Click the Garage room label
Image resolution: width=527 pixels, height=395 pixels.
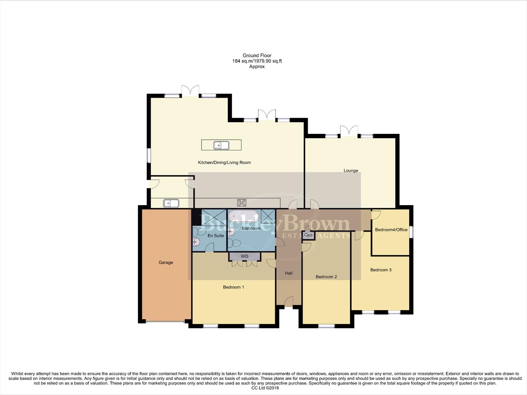pos(166,262)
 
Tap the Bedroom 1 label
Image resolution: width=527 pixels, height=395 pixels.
pos(233,287)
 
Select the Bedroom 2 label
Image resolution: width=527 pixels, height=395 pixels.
pos(326,277)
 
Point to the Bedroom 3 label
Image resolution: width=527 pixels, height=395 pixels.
pos(381,270)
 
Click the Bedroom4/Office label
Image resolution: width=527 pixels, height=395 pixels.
pos(391,230)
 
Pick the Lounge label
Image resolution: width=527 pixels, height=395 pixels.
pos(351,170)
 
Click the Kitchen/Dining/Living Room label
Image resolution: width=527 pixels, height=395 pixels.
pos(224,162)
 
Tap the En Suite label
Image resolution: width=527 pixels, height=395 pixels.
pos(216,236)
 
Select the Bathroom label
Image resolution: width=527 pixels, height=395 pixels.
pos(251,229)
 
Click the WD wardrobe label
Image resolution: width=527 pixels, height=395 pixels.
pos(245,256)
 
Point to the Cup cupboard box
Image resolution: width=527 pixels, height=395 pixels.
pos(308,235)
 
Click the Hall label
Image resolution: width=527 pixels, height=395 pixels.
pos(289,273)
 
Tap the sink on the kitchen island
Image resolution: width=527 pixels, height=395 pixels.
pos(221,145)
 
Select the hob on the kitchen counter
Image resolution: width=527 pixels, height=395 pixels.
pos(242,203)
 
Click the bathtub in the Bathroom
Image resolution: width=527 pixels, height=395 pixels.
pos(244,217)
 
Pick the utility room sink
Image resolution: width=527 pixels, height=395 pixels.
pos(171,203)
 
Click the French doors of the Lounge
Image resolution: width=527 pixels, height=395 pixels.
pos(349,131)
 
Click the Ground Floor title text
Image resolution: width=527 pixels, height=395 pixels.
pos(257,56)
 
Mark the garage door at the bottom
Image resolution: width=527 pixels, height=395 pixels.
pos(165,322)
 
